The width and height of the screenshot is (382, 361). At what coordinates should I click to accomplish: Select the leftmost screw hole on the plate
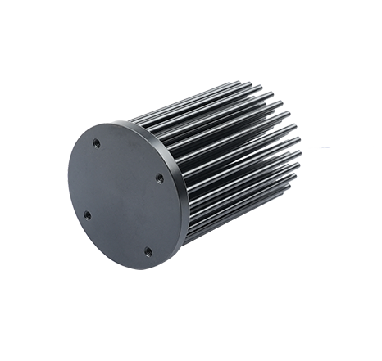pyautogui.click(x=87, y=214)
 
